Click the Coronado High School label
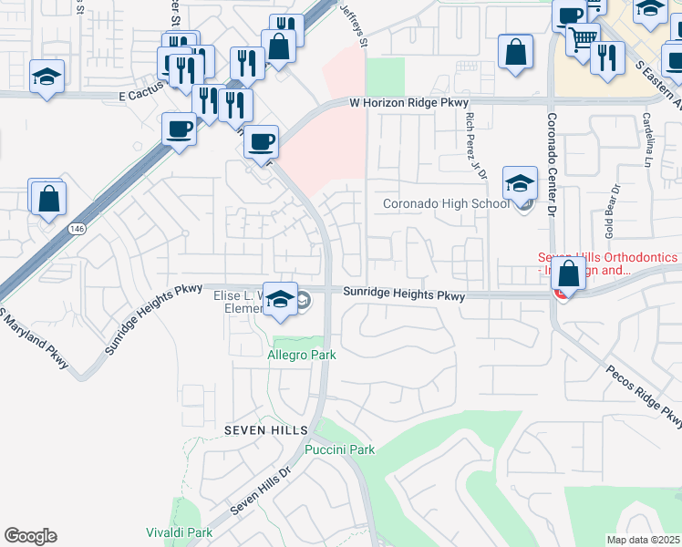click(446, 203)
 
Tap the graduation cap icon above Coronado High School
click(520, 183)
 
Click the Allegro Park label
click(302, 355)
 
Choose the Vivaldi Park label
click(180, 532)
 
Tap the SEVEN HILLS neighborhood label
click(259, 428)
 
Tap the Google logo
click(30, 536)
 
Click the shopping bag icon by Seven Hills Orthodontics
click(570, 273)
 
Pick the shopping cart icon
click(583, 38)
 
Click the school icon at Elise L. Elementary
click(281, 300)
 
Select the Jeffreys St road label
click(354, 25)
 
